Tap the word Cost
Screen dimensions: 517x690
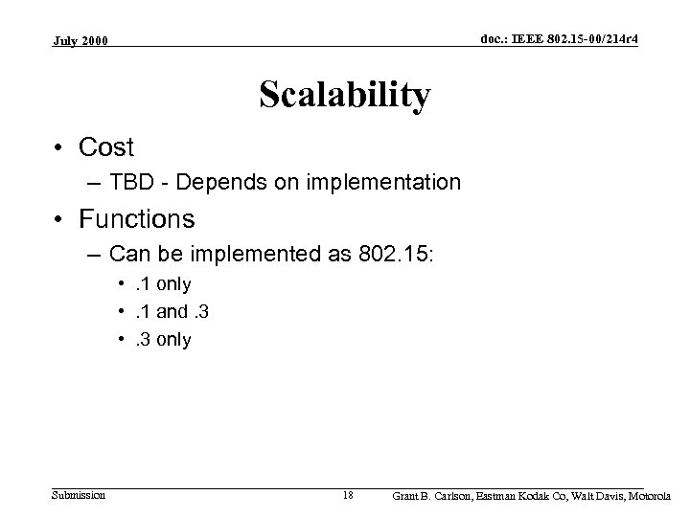(x=106, y=147)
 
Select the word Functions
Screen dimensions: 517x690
(x=137, y=219)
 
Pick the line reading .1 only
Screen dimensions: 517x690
(x=158, y=284)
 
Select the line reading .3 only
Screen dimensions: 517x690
(x=158, y=340)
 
